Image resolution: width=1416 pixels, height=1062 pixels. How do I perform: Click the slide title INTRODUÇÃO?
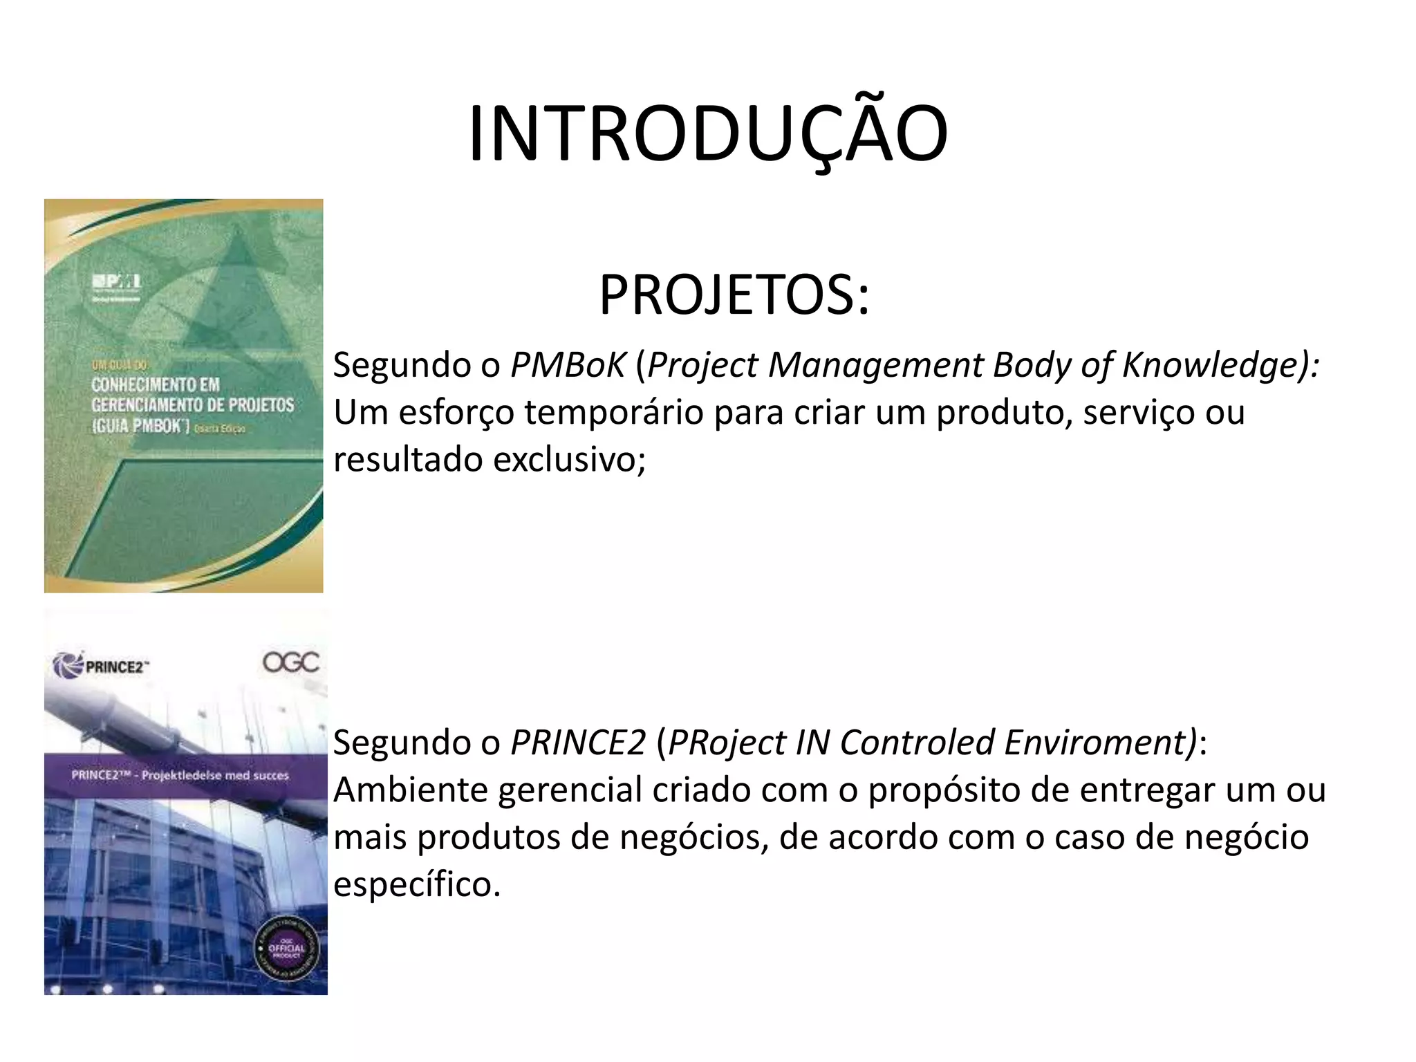coord(708,134)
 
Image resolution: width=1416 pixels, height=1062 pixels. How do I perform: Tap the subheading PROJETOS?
coord(734,295)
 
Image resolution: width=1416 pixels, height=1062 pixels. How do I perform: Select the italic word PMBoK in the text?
coord(568,365)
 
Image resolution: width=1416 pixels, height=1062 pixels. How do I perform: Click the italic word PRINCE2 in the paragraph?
coord(578,743)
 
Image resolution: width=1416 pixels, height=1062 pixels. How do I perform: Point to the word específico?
coord(417,884)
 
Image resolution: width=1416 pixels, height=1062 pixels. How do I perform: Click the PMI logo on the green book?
coord(117,281)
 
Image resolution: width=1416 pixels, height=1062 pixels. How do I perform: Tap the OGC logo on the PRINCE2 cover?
coord(290,662)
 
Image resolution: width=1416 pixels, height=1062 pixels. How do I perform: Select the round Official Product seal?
coord(286,948)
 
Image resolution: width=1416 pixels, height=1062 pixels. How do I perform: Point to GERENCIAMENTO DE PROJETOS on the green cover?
coord(193,405)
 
